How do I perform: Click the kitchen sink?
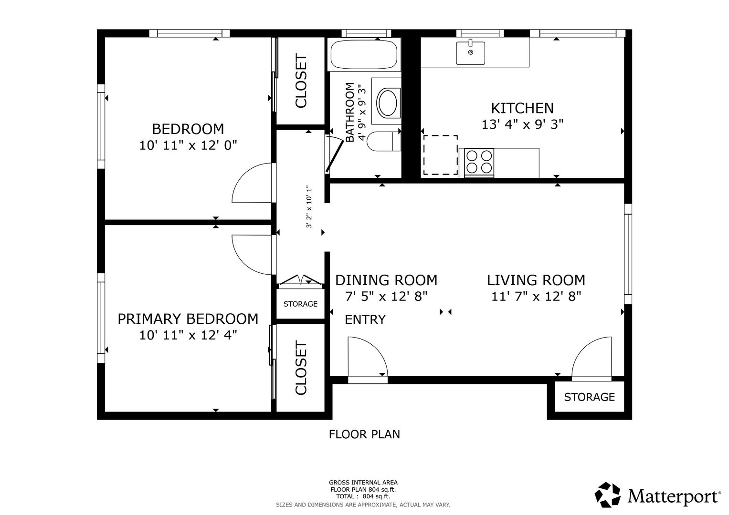pos(470,52)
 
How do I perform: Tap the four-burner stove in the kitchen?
pos(479,162)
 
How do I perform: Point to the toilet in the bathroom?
pos(384,141)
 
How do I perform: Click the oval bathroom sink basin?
pos(387,103)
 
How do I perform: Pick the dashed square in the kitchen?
pos(440,155)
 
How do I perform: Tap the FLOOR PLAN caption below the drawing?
pos(364,434)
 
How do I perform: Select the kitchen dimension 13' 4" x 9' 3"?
pos(522,124)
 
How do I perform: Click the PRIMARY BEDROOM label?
pos(188,319)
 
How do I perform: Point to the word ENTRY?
pos(365,319)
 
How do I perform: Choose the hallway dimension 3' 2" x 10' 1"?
pos(309,206)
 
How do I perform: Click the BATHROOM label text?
pos(349,112)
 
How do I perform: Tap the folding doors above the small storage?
pos(300,280)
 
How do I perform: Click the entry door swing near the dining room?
pos(368,357)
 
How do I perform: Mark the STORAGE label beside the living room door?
pos(590,397)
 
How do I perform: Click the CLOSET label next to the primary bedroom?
pos(301,368)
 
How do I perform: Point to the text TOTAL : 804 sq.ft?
pos(363,496)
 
